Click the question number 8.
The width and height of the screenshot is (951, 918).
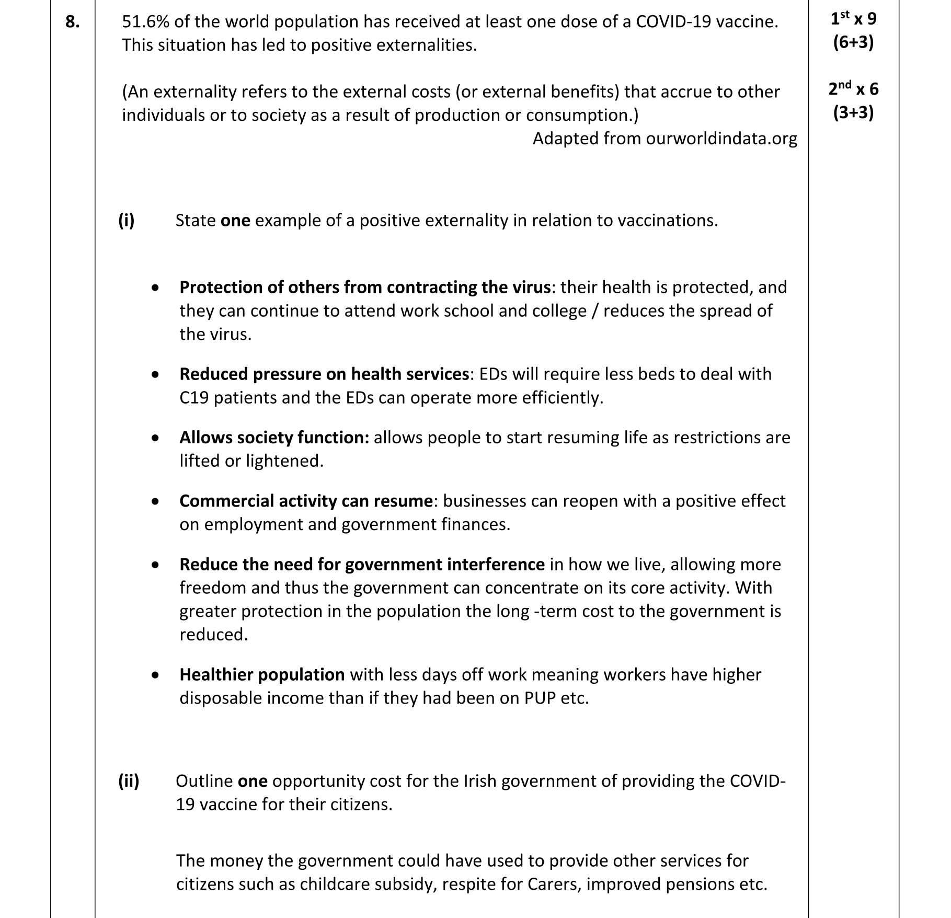pos(72,22)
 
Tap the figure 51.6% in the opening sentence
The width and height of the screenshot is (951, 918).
pos(145,22)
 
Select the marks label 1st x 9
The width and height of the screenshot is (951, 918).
pos(853,19)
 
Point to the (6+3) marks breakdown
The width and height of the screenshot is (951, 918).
pos(853,42)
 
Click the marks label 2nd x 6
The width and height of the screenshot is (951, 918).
pos(853,89)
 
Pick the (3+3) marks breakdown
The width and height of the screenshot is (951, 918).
pos(853,113)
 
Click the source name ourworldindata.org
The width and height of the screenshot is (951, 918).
pos(721,139)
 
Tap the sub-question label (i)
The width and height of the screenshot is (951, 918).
pos(127,221)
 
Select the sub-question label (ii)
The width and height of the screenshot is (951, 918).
pos(129,781)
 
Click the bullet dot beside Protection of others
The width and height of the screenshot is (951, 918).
pos(155,288)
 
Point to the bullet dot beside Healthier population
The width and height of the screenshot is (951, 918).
pos(155,675)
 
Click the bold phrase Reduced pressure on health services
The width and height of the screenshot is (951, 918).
pos(324,374)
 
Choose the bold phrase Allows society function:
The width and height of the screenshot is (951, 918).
pos(274,438)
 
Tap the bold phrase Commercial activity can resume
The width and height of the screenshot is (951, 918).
pos(306,501)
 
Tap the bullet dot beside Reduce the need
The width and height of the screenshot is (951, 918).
pos(155,565)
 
